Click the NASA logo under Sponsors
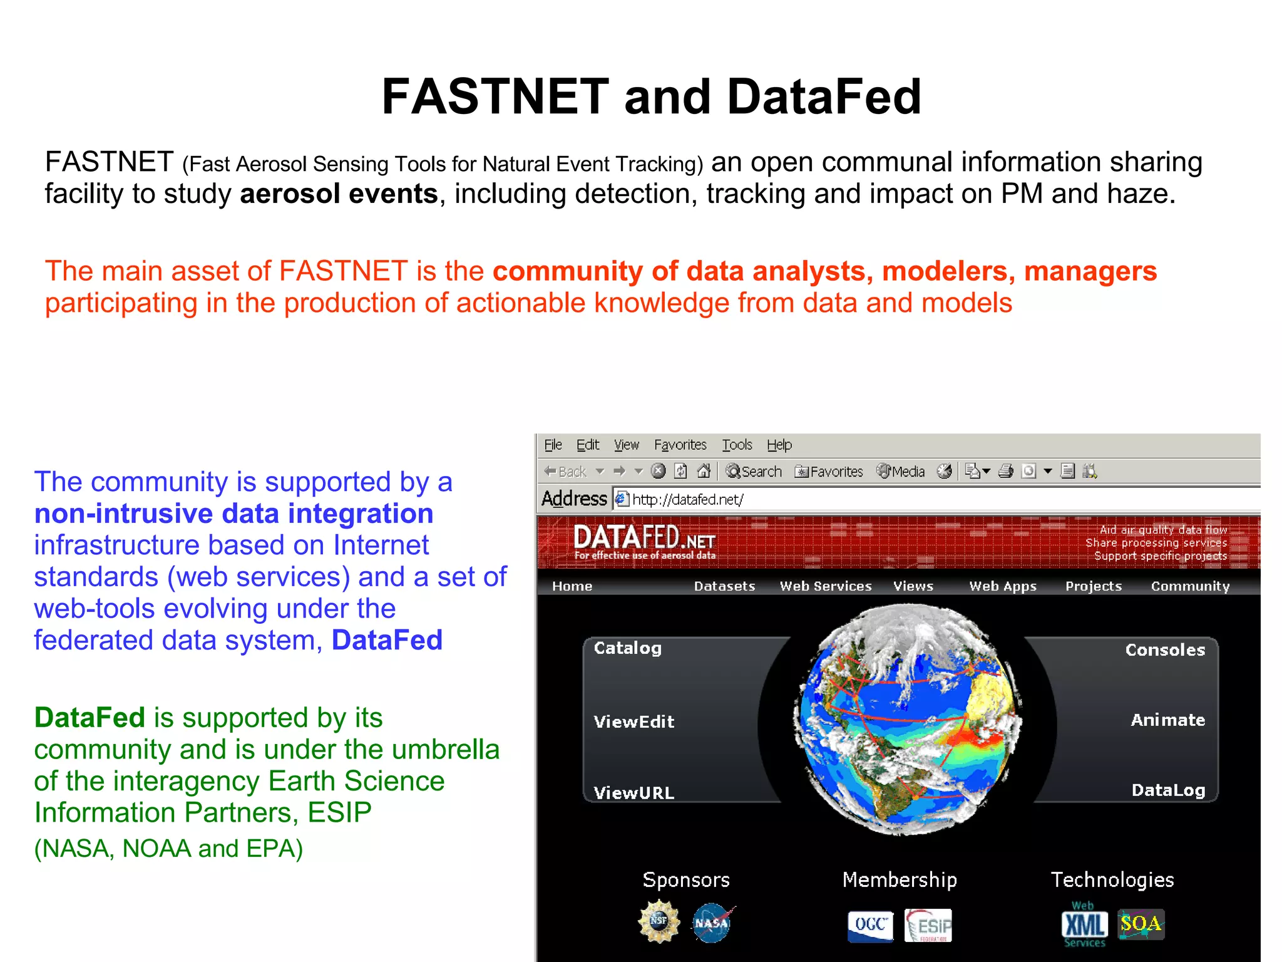point(712,923)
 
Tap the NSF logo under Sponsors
point(659,921)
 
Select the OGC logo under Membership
point(870,926)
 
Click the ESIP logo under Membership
point(928,926)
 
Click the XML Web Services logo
point(1084,925)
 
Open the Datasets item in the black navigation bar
point(724,586)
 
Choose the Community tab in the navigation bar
point(1190,586)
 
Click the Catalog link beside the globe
point(627,648)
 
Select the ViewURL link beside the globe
point(633,793)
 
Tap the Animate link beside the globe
point(1167,720)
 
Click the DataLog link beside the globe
point(1168,790)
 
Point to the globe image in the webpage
point(908,720)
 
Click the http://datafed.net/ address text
point(687,499)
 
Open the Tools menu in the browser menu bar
point(737,445)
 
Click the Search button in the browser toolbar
point(754,472)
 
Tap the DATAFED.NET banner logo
point(644,541)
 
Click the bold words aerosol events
point(339,194)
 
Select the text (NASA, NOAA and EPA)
point(168,849)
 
